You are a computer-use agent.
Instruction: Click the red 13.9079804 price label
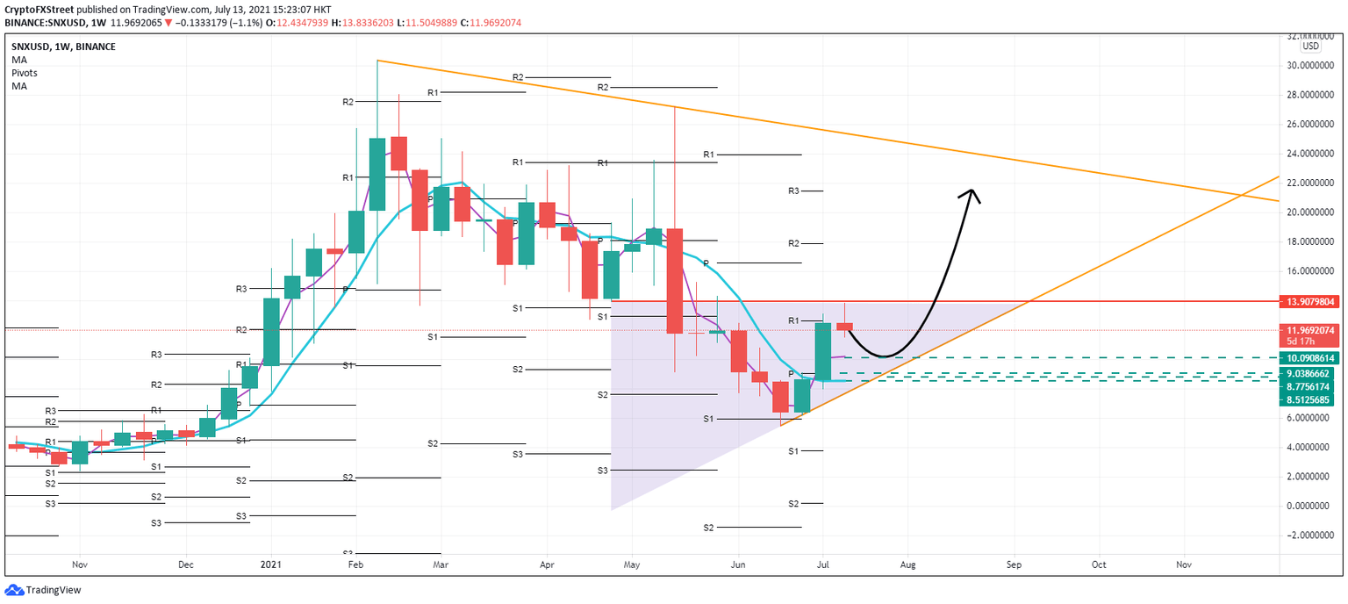[1312, 301]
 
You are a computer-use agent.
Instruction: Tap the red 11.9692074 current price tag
[1312, 330]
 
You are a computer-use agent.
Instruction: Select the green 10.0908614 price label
[1312, 358]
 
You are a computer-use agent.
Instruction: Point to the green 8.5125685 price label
[1312, 399]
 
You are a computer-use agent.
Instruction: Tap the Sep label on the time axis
[1015, 566]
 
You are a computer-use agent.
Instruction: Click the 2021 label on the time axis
[272, 566]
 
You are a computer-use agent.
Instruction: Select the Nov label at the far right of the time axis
[1183, 566]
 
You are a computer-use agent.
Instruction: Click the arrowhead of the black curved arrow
[971, 193]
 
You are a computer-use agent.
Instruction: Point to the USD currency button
[1310, 47]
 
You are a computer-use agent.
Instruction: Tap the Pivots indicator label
[25, 73]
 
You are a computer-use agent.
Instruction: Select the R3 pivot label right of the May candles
[793, 191]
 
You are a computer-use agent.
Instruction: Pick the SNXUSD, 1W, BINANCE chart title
[63, 47]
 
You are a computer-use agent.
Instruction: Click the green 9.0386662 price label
[1312, 373]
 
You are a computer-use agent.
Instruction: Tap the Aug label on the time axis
[907, 566]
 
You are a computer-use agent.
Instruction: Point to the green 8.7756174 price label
[1312, 386]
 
